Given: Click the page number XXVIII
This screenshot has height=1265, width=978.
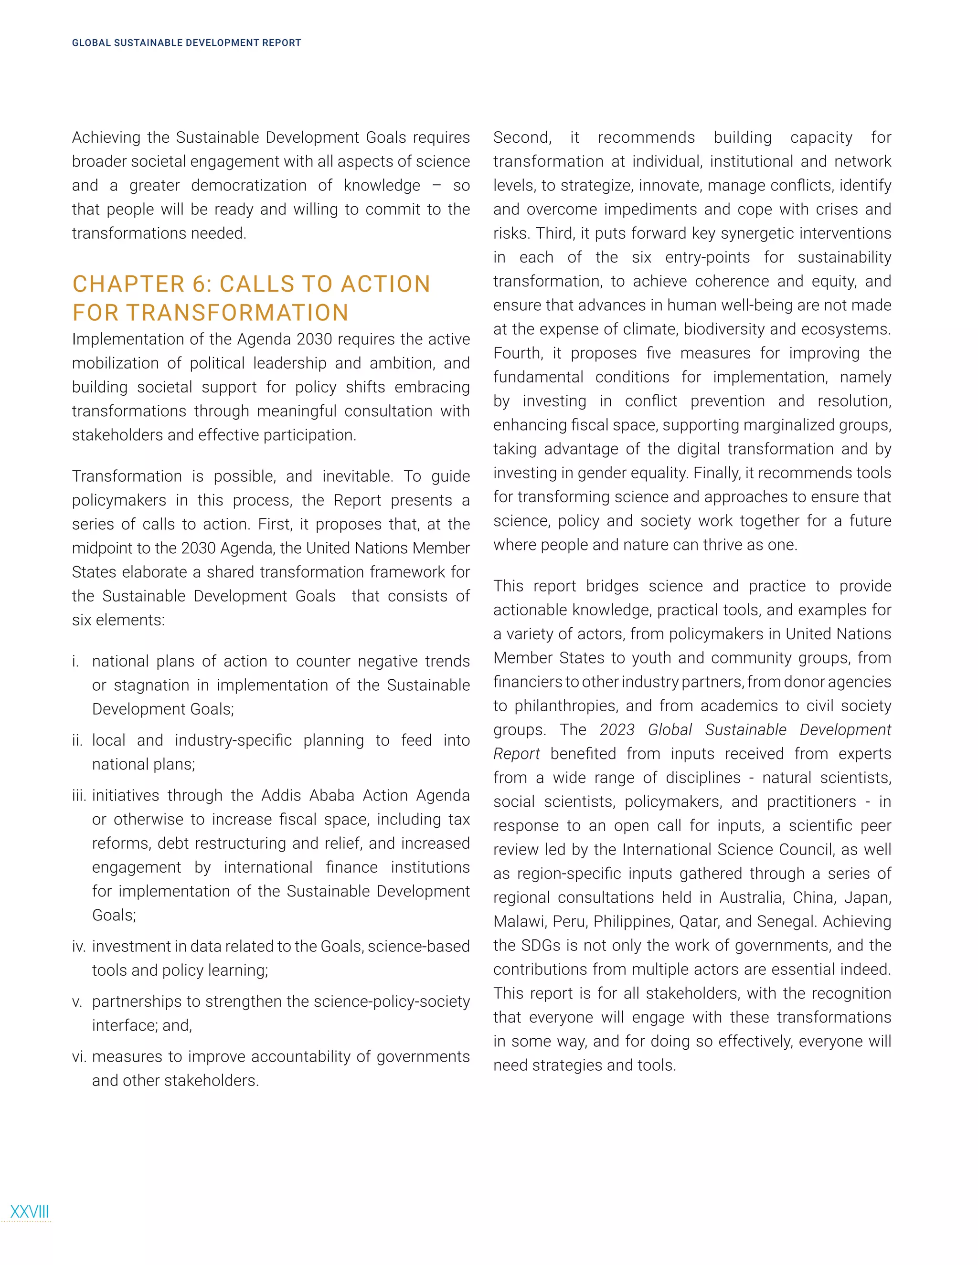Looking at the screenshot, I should click(30, 1211).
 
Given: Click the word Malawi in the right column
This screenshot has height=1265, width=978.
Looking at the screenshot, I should click(519, 921).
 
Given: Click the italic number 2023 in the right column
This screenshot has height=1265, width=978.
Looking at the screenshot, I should click(617, 730).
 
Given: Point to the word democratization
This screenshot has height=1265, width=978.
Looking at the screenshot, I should click(248, 185).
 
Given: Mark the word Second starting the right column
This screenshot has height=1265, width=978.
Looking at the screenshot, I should click(521, 137).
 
